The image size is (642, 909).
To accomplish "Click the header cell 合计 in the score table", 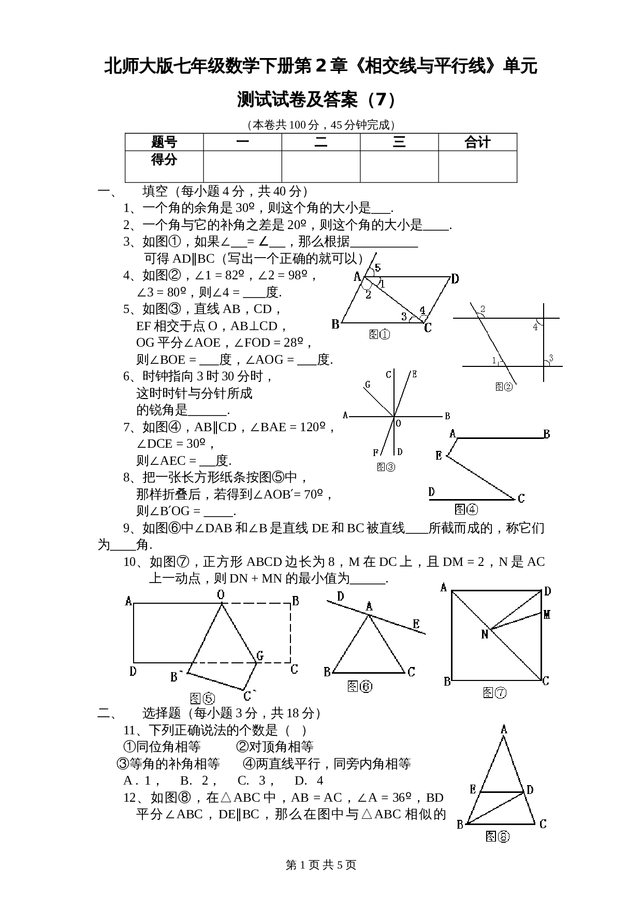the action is tap(477, 142).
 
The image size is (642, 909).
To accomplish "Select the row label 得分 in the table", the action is tap(164, 159).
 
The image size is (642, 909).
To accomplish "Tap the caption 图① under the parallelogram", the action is tap(380, 334).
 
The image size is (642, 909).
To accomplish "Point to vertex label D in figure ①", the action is tap(455, 279).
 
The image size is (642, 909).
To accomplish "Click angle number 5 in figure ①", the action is tap(377, 268).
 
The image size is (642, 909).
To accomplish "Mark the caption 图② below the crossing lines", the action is tap(503, 386).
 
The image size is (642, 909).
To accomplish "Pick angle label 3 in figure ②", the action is tap(551, 358).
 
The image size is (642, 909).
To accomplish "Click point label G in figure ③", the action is tap(368, 385).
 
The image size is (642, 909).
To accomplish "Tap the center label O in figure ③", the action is tap(398, 423).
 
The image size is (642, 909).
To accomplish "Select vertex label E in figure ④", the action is tap(439, 456).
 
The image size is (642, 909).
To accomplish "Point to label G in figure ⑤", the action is tap(260, 656).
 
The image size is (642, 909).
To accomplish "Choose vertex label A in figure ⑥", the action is tap(369, 606).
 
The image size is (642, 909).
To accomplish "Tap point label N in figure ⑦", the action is tap(485, 634).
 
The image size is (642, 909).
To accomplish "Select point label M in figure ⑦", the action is tap(547, 615).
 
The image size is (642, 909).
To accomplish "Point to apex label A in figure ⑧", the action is tap(504, 730).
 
